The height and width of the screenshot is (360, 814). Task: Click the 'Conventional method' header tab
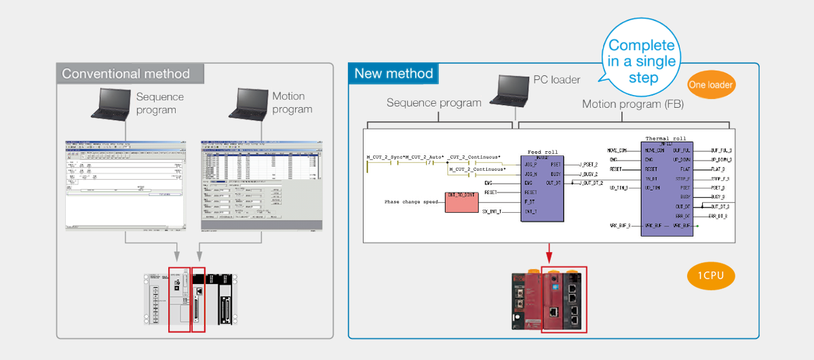126,73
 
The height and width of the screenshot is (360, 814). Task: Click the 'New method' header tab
393,73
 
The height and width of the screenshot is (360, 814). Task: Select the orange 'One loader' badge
710,85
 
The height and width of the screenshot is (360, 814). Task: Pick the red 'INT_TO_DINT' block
461,201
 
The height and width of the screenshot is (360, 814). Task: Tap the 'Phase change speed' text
411,202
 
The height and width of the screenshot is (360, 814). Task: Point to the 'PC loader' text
556,80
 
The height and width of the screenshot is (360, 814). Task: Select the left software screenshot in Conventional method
125,185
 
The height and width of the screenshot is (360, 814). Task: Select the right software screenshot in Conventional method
261,185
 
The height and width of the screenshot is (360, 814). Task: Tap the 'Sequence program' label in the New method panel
433,103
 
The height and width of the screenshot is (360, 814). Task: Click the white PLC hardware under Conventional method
189,299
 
